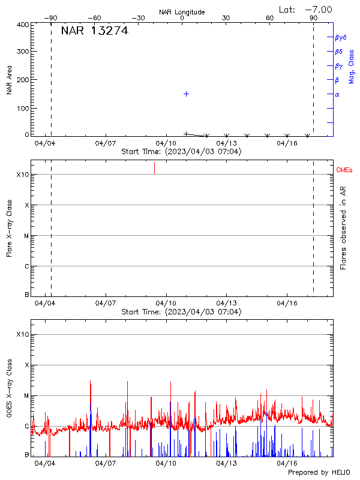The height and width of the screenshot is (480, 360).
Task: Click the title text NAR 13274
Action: pyautogui.click(x=95, y=31)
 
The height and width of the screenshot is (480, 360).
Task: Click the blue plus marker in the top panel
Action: pyautogui.click(x=187, y=94)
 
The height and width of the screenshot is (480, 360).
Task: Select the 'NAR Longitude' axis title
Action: pyautogui.click(x=182, y=12)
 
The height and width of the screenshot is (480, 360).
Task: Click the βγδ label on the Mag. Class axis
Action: pyautogui.click(x=341, y=37)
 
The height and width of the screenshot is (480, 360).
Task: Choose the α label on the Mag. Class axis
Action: pyautogui.click(x=337, y=94)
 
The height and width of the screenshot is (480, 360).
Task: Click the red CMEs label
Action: pyautogui.click(x=344, y=171)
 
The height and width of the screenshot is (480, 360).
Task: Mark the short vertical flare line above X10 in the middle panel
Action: pyautogui.click(x=154, y=167)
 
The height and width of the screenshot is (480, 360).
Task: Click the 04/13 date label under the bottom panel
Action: pyautogui.click(x=226, y=463)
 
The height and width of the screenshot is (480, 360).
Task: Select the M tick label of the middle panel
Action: pyautogui.click(x=26, y=236)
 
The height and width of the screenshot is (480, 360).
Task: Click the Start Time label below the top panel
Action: pyautogui.click(x=181, y=152)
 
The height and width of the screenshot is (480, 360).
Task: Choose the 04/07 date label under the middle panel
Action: pyautogui.click(x=106, y=304)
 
